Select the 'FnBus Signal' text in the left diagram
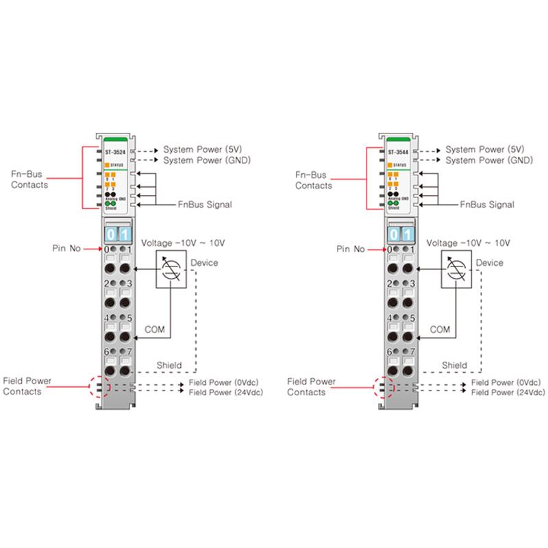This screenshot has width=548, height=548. (x=205, y=204)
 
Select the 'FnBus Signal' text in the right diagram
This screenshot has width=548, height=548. (x=487, y=204)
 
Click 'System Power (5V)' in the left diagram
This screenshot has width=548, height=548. (x=203, y=149)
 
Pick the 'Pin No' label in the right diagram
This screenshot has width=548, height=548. (x=350, y=249)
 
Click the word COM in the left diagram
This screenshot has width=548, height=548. (x=155, y=329)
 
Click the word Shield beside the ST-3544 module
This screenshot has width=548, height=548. (x=454, y=365)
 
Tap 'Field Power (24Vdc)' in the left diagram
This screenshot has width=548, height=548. (x=225, y=393)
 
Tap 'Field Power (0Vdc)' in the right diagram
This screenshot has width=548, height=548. (x=508, y=382)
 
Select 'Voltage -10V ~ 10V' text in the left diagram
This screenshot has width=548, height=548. (x=182, y=242)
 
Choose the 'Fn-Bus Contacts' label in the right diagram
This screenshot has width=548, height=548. (x=314, y=180)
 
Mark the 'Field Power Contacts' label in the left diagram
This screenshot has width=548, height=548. (x=27, y=386)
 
